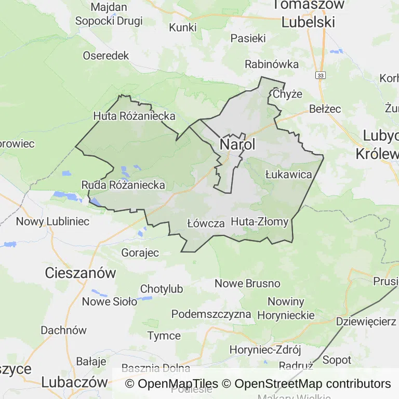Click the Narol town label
[238, 144]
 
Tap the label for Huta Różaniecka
[134, 116]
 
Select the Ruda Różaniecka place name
[123, 185]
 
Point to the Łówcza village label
[205, 223]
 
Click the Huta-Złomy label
[259, 222]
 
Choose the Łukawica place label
[288, 174]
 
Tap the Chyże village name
[287, 94]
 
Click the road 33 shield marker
[320, 75]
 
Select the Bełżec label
[325, 109]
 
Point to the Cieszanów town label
[81, 272]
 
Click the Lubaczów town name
[74, 382]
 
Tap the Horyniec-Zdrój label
[265, 350]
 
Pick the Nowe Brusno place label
[247, 284]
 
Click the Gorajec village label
[140, 252]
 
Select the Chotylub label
[162, 289]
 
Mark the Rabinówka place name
[272, 64]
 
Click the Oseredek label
[105, 56]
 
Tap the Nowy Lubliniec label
[52, 221]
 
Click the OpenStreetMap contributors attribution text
[312, 384]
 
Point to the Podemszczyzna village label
[211, 314]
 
